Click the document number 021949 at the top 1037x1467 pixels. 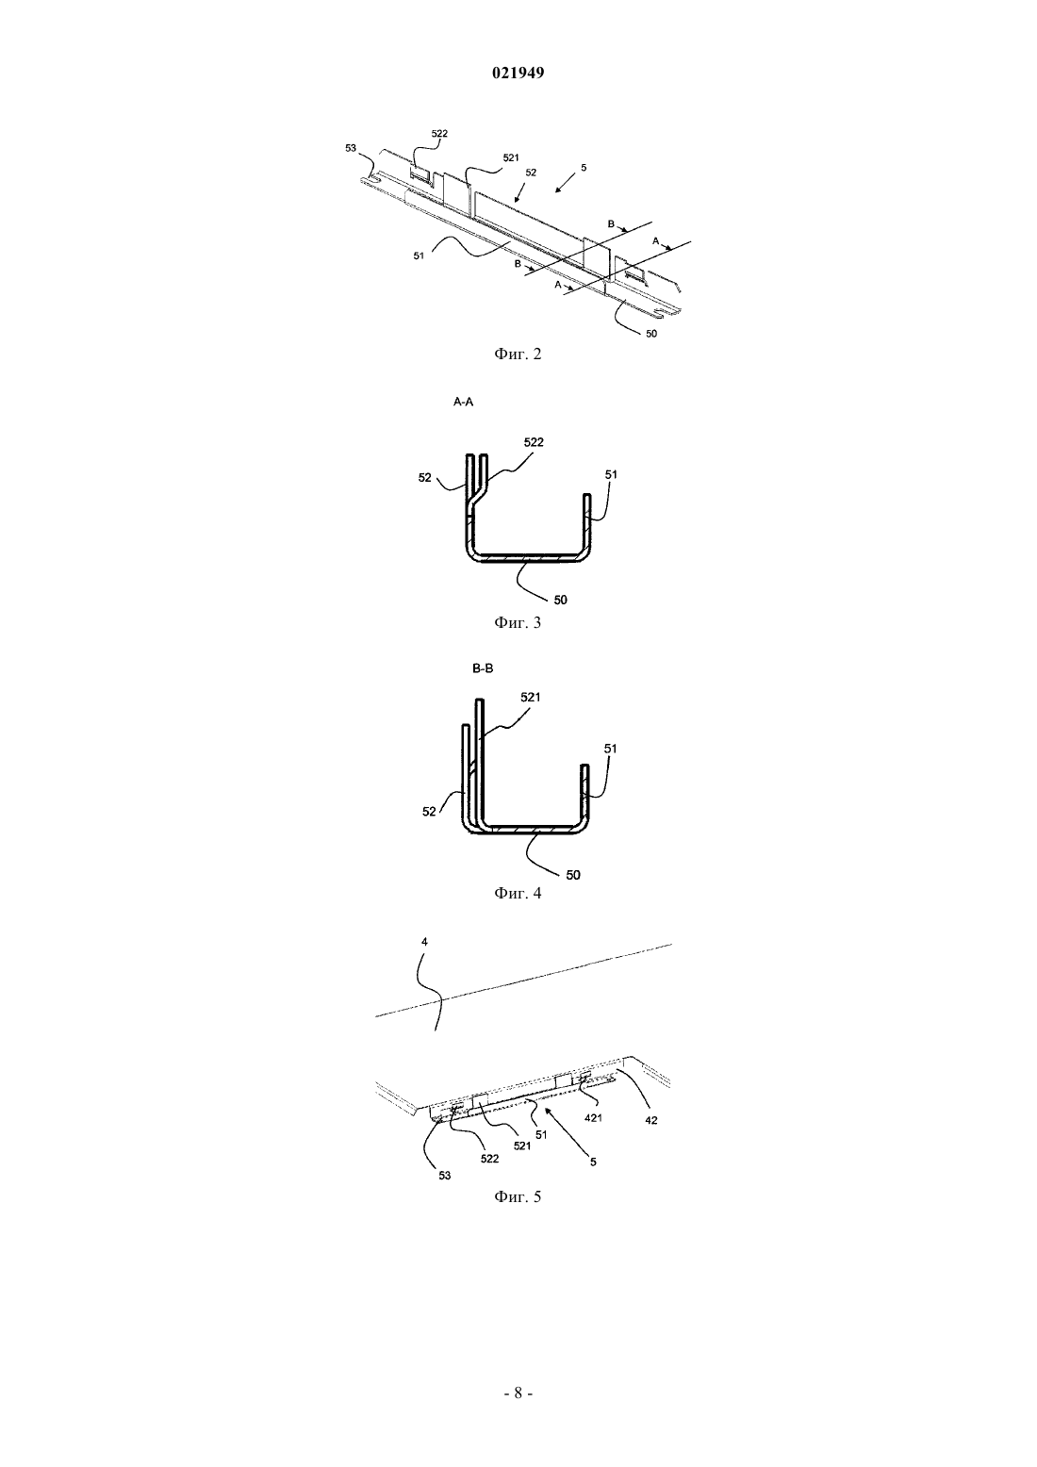click(518, 74)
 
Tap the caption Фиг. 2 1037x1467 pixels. click(518, 354)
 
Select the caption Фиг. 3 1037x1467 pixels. click(518, 622)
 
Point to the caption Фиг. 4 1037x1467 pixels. click(518, 893)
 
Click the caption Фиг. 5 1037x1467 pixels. click(518, 1196)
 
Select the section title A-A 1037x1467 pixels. click(464, 403)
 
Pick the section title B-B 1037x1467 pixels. click(483, 668)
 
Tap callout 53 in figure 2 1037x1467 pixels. click(351, 148)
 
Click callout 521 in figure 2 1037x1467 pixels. click(511, 157)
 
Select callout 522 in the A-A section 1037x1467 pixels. click(534, 442)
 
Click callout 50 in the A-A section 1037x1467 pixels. click(560, 600)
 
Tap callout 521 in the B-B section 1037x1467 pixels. click(530, 697)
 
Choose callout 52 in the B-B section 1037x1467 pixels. click(429, 812)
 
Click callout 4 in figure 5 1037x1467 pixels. click(424, 942)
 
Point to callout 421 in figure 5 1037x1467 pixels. click(593, 1118)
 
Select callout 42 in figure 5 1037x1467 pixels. click(650, 1121)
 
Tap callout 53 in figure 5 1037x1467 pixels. click(445, 1176)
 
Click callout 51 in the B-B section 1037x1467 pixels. click(610, 748)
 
